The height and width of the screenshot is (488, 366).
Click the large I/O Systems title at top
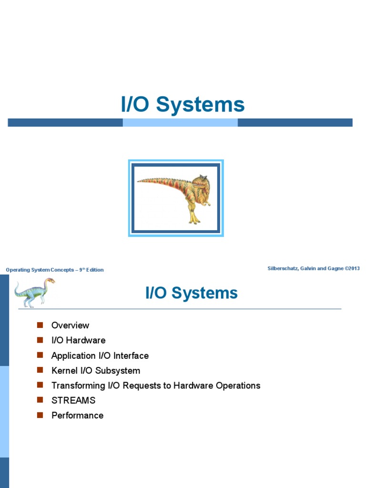coord(183,105)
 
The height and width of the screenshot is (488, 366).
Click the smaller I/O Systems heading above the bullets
coord(191,293)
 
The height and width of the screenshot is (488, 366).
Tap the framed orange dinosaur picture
coord(176,198)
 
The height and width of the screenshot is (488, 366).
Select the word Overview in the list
coord(70,325)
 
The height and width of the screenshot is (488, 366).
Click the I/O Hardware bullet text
coord(78,340)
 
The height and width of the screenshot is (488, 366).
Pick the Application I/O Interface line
coord(100,356)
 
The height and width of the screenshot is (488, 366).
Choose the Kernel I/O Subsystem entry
coord(95,371)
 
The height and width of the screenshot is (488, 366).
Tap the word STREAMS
coord(73,400)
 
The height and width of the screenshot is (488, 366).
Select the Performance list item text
coord(77,416)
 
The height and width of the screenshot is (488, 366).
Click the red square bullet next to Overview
coord(40,325)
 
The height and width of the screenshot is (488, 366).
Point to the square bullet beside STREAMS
coord(40,400)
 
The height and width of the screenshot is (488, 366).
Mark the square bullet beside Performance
coord(40,415)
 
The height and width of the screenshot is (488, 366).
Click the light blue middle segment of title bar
coord(180,122)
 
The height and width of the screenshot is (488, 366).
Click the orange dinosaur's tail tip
coord(139,181)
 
